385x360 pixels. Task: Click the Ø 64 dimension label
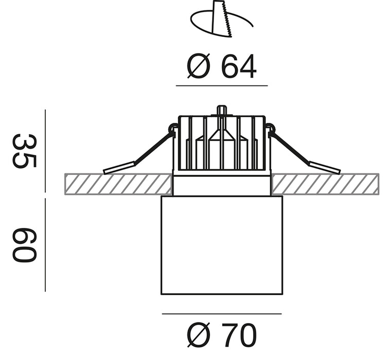point(222,66)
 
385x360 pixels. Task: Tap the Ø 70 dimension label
point(222,335)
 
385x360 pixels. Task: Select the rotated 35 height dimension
point(25,151)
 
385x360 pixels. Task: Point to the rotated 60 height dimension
point(25,245)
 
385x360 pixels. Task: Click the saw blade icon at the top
point(221,20)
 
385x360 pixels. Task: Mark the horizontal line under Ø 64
point(222,86)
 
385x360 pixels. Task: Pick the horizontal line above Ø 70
point(222,314)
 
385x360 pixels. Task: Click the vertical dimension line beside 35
point(45,151)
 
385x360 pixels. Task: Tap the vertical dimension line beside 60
point(45,245)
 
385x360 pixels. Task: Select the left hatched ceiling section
point(118,184)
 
